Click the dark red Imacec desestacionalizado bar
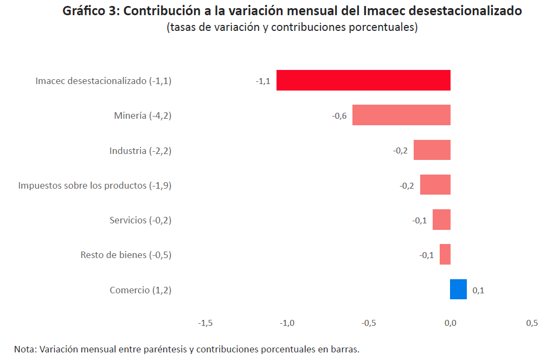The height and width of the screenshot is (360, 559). (363, 80)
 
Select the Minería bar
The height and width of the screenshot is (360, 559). (401, 115)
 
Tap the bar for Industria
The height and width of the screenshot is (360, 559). (432, 150)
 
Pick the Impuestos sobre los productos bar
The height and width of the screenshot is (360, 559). (435, 185)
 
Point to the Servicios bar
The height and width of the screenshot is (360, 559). (441, 220)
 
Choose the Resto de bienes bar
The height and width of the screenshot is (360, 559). (445, 254)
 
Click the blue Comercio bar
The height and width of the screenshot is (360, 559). (458, 289)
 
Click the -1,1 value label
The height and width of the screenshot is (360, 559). (263, 81)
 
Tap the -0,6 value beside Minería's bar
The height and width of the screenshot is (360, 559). (339, 116)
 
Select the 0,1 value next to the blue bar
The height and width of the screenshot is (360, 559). (478, 291)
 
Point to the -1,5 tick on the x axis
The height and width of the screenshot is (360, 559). (205, 323)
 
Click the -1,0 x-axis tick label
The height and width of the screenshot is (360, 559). (287, 323)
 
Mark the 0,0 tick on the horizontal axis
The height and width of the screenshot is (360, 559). (450, 323)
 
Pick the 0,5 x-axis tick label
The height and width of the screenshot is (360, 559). (532, 323)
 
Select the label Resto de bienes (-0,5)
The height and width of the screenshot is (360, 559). (126, 255)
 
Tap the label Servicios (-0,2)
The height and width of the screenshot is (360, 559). (140, 220)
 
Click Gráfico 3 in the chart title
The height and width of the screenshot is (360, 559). (91, 11)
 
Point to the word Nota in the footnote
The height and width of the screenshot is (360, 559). (24, 349)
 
